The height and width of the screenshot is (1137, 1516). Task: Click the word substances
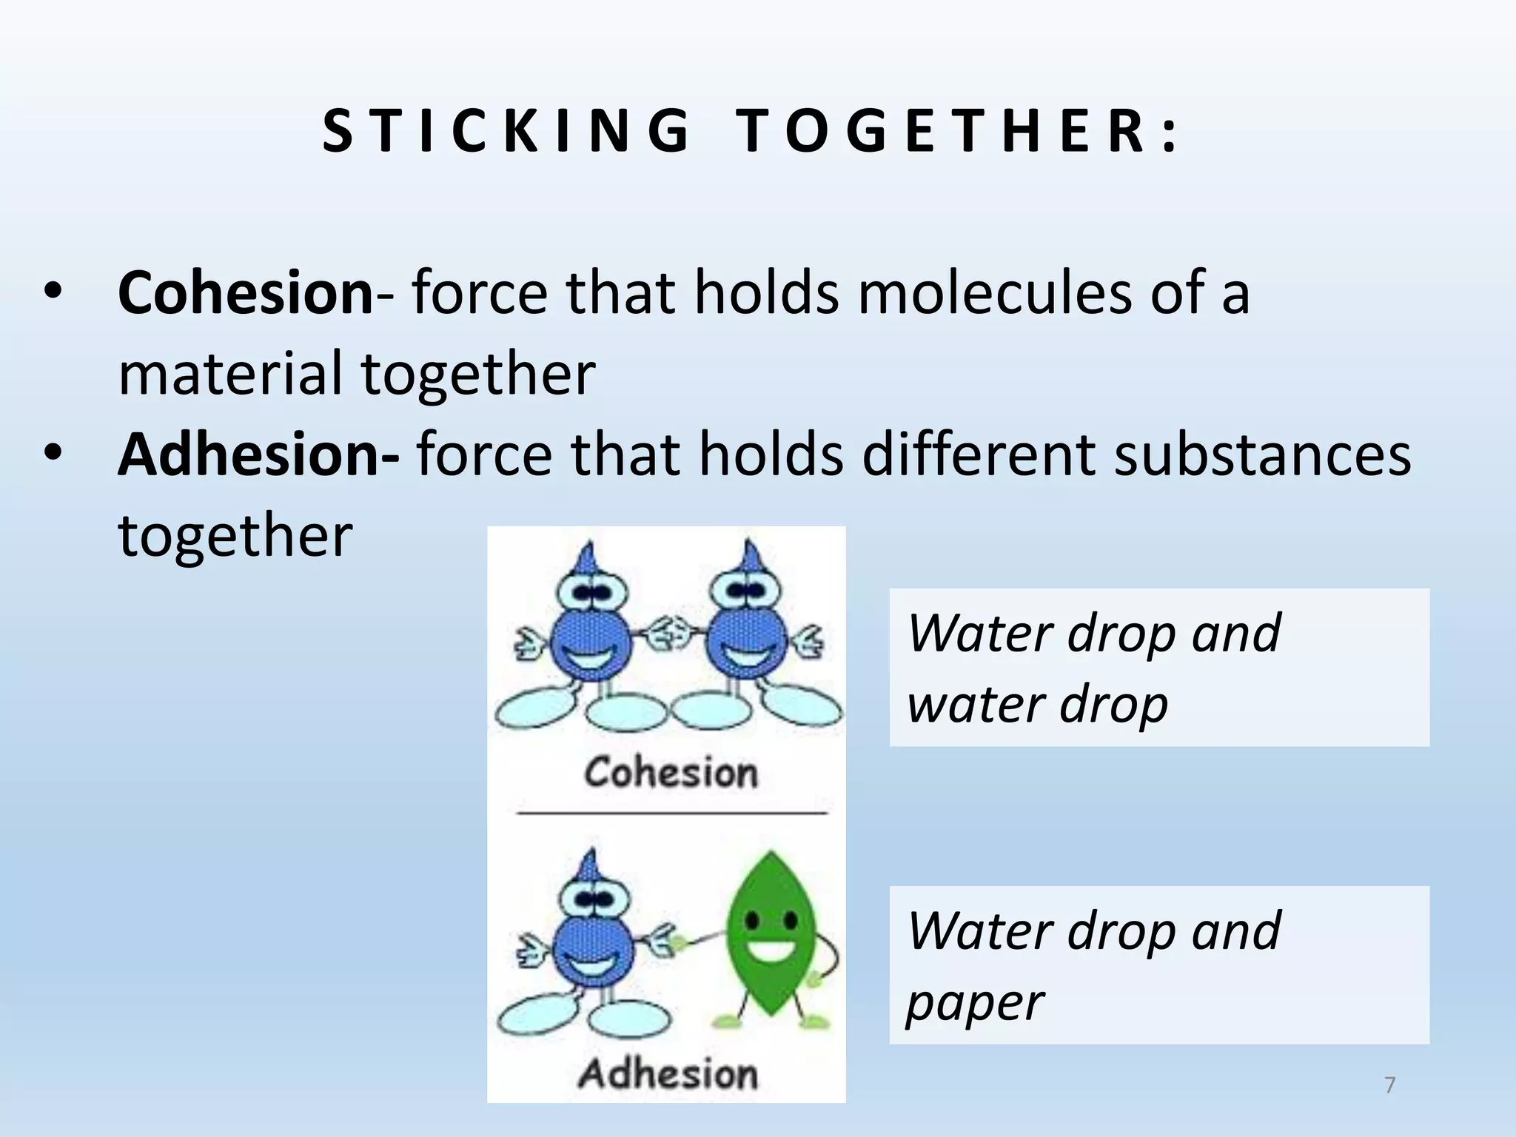tap(1263, 454)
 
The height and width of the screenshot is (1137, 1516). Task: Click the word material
tap(230, 373)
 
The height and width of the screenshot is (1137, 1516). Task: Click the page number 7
tap(1389, 1085)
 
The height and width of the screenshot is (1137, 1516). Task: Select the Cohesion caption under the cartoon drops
tap(671, 773)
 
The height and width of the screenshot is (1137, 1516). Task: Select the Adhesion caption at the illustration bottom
tap(668, 1074)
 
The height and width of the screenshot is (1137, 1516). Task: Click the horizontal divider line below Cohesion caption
tap(671, 813)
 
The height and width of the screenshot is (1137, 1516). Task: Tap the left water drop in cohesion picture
tap(591, 640)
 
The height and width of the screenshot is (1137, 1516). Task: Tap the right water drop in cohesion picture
tap(746, 640)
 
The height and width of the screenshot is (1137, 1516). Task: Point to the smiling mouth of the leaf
tap(771, 950)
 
